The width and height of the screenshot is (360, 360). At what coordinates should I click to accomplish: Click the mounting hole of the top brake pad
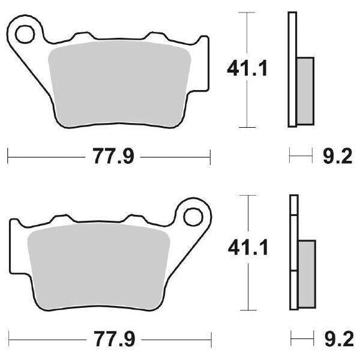tap(25, 34)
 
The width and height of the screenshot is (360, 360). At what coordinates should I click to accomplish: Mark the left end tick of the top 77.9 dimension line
tap(8, 158)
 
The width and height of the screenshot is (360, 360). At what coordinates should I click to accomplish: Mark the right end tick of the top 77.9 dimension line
tap(210, 158)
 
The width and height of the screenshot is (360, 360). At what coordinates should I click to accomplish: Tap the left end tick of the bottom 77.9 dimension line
tap(8, 337)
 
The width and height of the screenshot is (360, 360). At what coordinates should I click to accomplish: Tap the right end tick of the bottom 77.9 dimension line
tap(210, 337)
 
